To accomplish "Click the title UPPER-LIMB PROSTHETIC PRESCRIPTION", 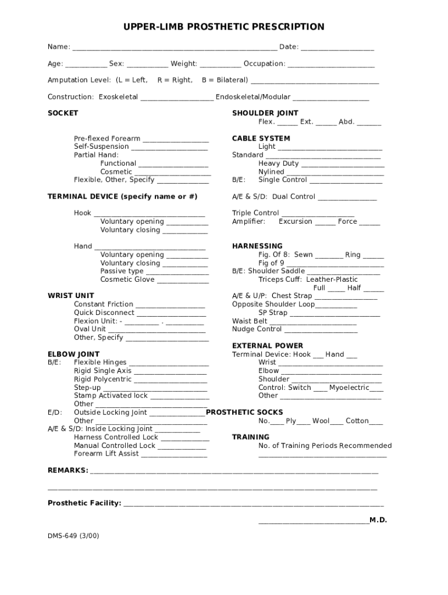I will [x=223, y=27].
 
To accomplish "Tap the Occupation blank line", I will [x=331, y=64].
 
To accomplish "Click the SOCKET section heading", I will [x=63, y=113].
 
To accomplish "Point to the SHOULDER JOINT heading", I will [x=265, y=113].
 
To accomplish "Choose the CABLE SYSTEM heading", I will [x=261, y=139].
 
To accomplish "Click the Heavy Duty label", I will [x=279, y=164].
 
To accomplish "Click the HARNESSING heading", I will [x=257, y=246].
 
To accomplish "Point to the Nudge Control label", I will [x=257, y=329].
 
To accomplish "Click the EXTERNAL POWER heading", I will [x=268, y=346].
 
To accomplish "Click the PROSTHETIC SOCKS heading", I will [x=244, y=413].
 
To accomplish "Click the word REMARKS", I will [x=67, y=470].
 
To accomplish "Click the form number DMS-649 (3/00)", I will [x=73, y=536].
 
